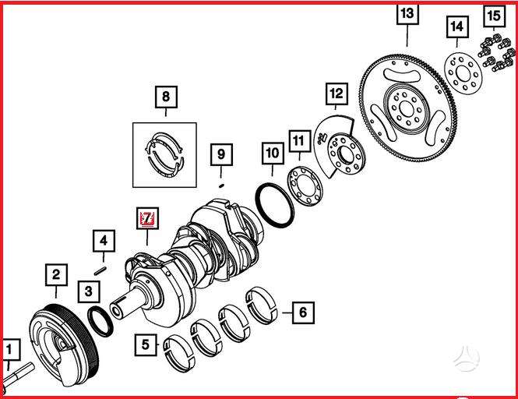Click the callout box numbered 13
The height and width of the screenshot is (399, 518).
pos(407,13)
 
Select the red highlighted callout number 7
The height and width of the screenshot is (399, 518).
pos(148,218)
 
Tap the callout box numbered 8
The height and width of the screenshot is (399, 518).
pos(166,97)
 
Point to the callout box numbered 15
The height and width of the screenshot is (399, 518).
pos(494,16)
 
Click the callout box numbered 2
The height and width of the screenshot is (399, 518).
pos(56,275)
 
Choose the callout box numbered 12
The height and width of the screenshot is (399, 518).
pos(337,94)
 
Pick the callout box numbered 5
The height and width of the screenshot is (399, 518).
pos(146,344)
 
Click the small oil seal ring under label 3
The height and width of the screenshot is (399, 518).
pos(100,322)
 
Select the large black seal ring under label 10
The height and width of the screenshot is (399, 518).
pos(275,205)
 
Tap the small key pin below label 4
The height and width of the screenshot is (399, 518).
pos(100,270)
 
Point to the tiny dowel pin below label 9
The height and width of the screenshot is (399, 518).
pos(222,185)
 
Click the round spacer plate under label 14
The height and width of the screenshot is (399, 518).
pos(463,73)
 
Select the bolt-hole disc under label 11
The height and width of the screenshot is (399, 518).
pos(305,186)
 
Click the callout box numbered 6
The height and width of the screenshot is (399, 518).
pos(303,312)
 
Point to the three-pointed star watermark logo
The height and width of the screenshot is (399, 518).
pos(466,358)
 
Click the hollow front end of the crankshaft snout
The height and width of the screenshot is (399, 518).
pos(117,310)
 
